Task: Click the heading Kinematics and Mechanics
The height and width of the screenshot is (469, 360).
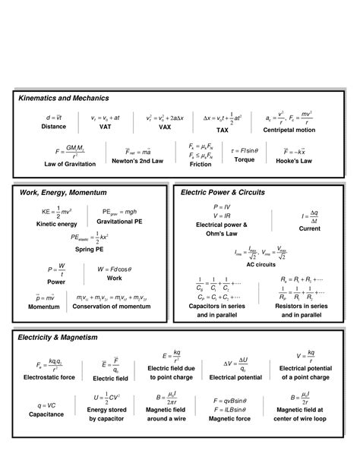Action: tap(64, 98)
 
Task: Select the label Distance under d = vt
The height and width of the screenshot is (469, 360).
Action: tap(53, 127)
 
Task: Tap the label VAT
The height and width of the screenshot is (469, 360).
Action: tap(106, 127)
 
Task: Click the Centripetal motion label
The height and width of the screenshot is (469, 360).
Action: tap(289, 130)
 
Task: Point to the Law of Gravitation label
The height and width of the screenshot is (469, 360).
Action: tap(70, 163)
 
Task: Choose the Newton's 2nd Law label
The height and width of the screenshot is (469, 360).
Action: tap(137, 161)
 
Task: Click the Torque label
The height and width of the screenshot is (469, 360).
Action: tap(245, 161)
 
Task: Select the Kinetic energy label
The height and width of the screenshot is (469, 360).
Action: tap(56, 224)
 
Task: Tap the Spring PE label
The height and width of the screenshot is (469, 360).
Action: tap(90, 250)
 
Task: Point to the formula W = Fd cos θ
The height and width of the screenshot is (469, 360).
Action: tap(115, 269)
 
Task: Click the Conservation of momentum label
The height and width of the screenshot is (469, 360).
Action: tap(116, 307)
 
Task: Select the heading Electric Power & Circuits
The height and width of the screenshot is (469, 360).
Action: tap(223, 192)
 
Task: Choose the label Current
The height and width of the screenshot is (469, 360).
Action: tap(309, 228)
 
